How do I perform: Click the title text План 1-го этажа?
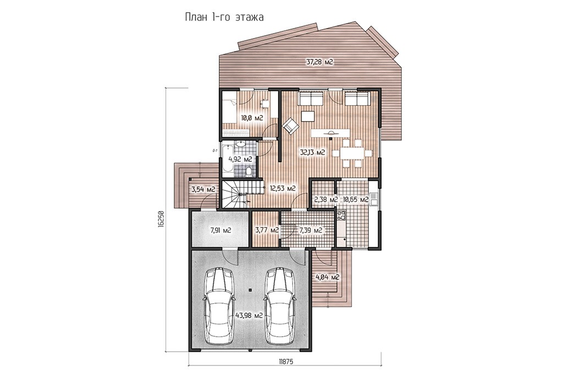click(224, 17)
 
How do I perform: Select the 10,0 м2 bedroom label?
click(252, 118)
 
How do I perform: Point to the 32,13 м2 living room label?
click(312, 152)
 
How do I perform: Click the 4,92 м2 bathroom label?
click(240, 159)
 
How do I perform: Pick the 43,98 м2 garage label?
click(249, 315)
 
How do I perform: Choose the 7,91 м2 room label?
click(220, 230)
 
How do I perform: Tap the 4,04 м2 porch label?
click(327, 277)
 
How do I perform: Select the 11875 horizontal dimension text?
click(286, 362)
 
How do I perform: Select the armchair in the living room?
click(290, 126)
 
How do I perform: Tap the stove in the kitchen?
click(341, 216)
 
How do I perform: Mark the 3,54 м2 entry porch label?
click(203, 189)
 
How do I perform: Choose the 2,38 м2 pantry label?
click(325, 199)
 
